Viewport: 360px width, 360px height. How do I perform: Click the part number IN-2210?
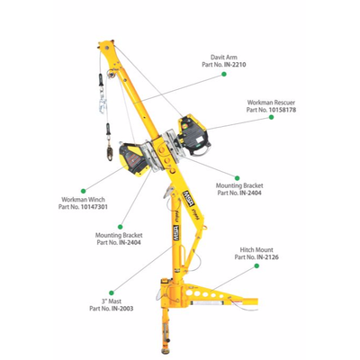pyautogui.click(x=235, y=65)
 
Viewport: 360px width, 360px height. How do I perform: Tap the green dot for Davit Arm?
pyautogui.click(x=224, y=74)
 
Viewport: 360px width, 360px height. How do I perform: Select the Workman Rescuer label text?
pyautogui.click(x=271, y=103)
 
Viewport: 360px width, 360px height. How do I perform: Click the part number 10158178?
pyautogui.click(x=283, y=110)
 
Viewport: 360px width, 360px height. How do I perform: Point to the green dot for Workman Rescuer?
pyautogui.click(x=271, y=117)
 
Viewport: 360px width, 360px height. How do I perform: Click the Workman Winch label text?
pyautogui.click(x=83, y=199)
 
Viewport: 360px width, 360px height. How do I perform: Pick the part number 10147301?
pyautogui.click(x=94, y=207)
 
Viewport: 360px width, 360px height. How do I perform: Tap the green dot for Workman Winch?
pyautogui.click(x=84, y=191)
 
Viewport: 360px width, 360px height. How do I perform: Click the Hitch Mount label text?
pyautogui.click(x=256, y=249)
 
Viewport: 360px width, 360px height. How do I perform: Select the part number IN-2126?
pyautogui.click(x=267, y=257)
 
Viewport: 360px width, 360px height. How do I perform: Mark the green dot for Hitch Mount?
pyautogui.click(x=256, y=265)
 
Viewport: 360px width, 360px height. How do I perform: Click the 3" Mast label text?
pyautogui.click(x=112, y=301)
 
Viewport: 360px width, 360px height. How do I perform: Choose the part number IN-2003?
pyautogui.click(x=122, y=309)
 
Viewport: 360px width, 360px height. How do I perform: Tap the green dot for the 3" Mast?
pyautogui.click(x=112, y=292)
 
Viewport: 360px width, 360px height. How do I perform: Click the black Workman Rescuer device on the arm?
pyautogui.click(x=193, y=135)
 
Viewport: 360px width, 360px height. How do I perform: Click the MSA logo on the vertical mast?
pyautogui.click(x=176, y=233)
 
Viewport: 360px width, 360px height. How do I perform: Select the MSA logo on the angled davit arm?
pyautogui.click(x=186, y=197)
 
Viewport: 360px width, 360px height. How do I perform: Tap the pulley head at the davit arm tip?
pyautogui.click(x=106, y=47)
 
